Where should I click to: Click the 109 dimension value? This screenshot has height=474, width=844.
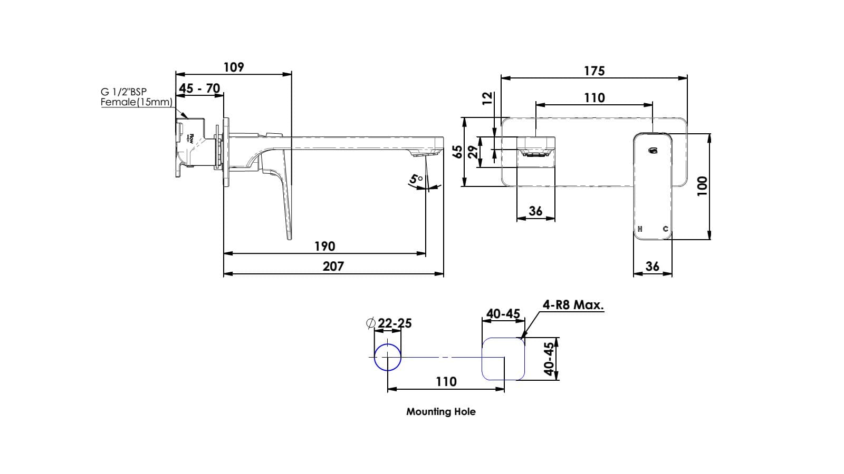pyautogui.click(x=234, y=67)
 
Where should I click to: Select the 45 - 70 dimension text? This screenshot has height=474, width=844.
pyautogui.click(x=199, y=88)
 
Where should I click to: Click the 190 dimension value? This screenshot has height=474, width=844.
pyautogui.click(x=324, y=246)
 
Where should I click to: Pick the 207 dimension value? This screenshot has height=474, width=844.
pyautogui.click(x=333, y=266)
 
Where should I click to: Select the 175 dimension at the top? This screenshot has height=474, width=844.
pyautogui.click(x=594, y=71)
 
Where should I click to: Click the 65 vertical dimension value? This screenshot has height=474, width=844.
pyautogui.click(x=458, y=152)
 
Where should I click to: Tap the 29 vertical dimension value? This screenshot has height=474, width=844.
pyautogui.click(x=473, y=152)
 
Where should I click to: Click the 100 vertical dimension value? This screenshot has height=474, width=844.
pyautogui.click(x=702, y=186)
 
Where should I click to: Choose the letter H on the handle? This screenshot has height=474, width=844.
pyautogui.click(x=640, y=229)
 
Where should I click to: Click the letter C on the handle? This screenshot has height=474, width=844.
pyautogui.click(x=665, y=229)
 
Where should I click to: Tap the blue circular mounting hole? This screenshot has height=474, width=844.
pyautogui.click(x=388, y=357)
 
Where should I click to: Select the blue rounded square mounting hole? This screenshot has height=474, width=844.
pyautogui.click(x=504, y=359)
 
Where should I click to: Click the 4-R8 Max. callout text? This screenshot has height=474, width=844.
pyautogui.click(x=573, y=305)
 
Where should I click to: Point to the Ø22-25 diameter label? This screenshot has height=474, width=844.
pyautogui.click(x=389, y=323)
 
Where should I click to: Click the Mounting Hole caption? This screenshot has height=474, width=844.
pyautogui.click(x=440, y=412)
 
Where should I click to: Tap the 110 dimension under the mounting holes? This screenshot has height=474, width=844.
pyautogui.click(x=446, y=382)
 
